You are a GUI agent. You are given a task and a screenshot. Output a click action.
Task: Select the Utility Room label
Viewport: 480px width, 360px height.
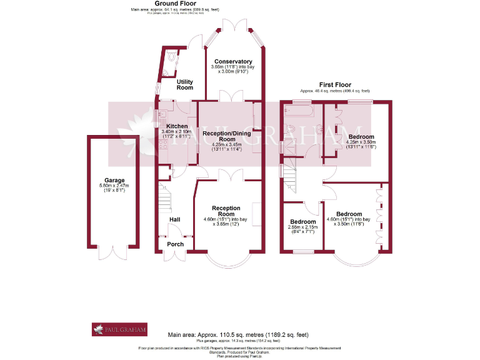pyautogui.click(x=184, y=85)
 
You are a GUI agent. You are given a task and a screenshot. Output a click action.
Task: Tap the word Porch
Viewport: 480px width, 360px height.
pyautogui.click(x=176, y=244)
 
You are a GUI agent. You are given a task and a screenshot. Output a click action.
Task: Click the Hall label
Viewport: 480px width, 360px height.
pyautogui.click(x=174, y=219)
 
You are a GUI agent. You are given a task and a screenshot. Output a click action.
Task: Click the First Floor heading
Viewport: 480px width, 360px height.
pyautogui.click(x=335, y=84)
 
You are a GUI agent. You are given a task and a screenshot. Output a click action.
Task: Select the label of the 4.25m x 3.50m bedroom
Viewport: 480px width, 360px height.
pyautogui.click(x=361, y=136)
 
